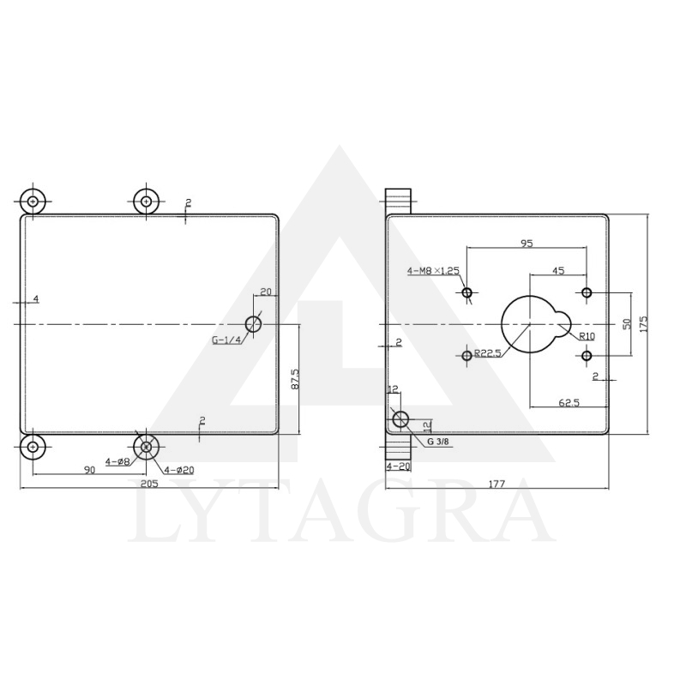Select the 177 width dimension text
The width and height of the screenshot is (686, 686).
pos(496,484)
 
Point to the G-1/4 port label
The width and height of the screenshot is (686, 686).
pos(226,340)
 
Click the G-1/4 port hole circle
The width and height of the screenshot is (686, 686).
pos(253,323)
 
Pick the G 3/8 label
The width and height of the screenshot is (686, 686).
pos(438,442)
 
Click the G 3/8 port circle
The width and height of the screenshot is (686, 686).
pos(400,419)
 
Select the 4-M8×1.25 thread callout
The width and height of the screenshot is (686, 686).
pos(433,271)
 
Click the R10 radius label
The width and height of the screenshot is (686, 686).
pos(587,336)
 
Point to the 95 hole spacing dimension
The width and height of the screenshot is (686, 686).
pos(527,244)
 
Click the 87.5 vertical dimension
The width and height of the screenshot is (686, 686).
pos(294,380)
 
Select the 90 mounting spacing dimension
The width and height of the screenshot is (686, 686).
pos(89,469)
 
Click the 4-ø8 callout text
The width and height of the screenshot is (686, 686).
pos(117,461)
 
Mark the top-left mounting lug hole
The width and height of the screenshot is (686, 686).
pos(33,202)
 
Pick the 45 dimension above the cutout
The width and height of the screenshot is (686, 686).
pos(558,271)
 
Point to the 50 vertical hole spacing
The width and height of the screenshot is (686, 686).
pos(627,324)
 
